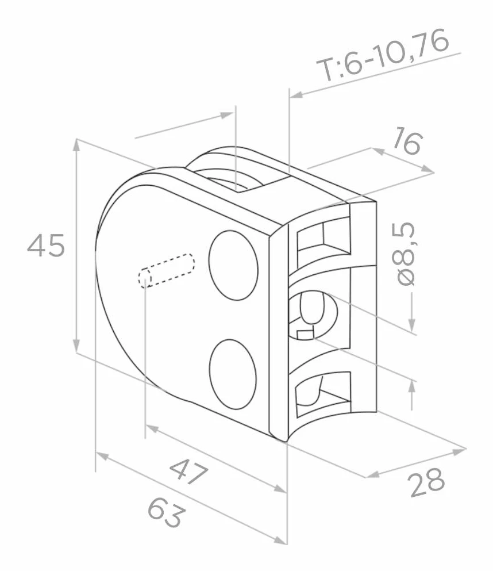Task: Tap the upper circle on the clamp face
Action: (x=233, y=265)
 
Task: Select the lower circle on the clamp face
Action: (x=233, y=375)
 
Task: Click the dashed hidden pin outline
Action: (x=166, y=270)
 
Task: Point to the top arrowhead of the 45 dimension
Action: (x=76, y=145)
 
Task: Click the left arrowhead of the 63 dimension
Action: (x=102, y=455)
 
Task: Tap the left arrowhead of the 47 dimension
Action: (x=152, y=428)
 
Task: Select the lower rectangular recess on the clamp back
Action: (x=324, y=394)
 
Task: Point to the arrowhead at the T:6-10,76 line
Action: (x=296, y=95)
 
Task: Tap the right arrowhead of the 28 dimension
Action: (x=460, y=451)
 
